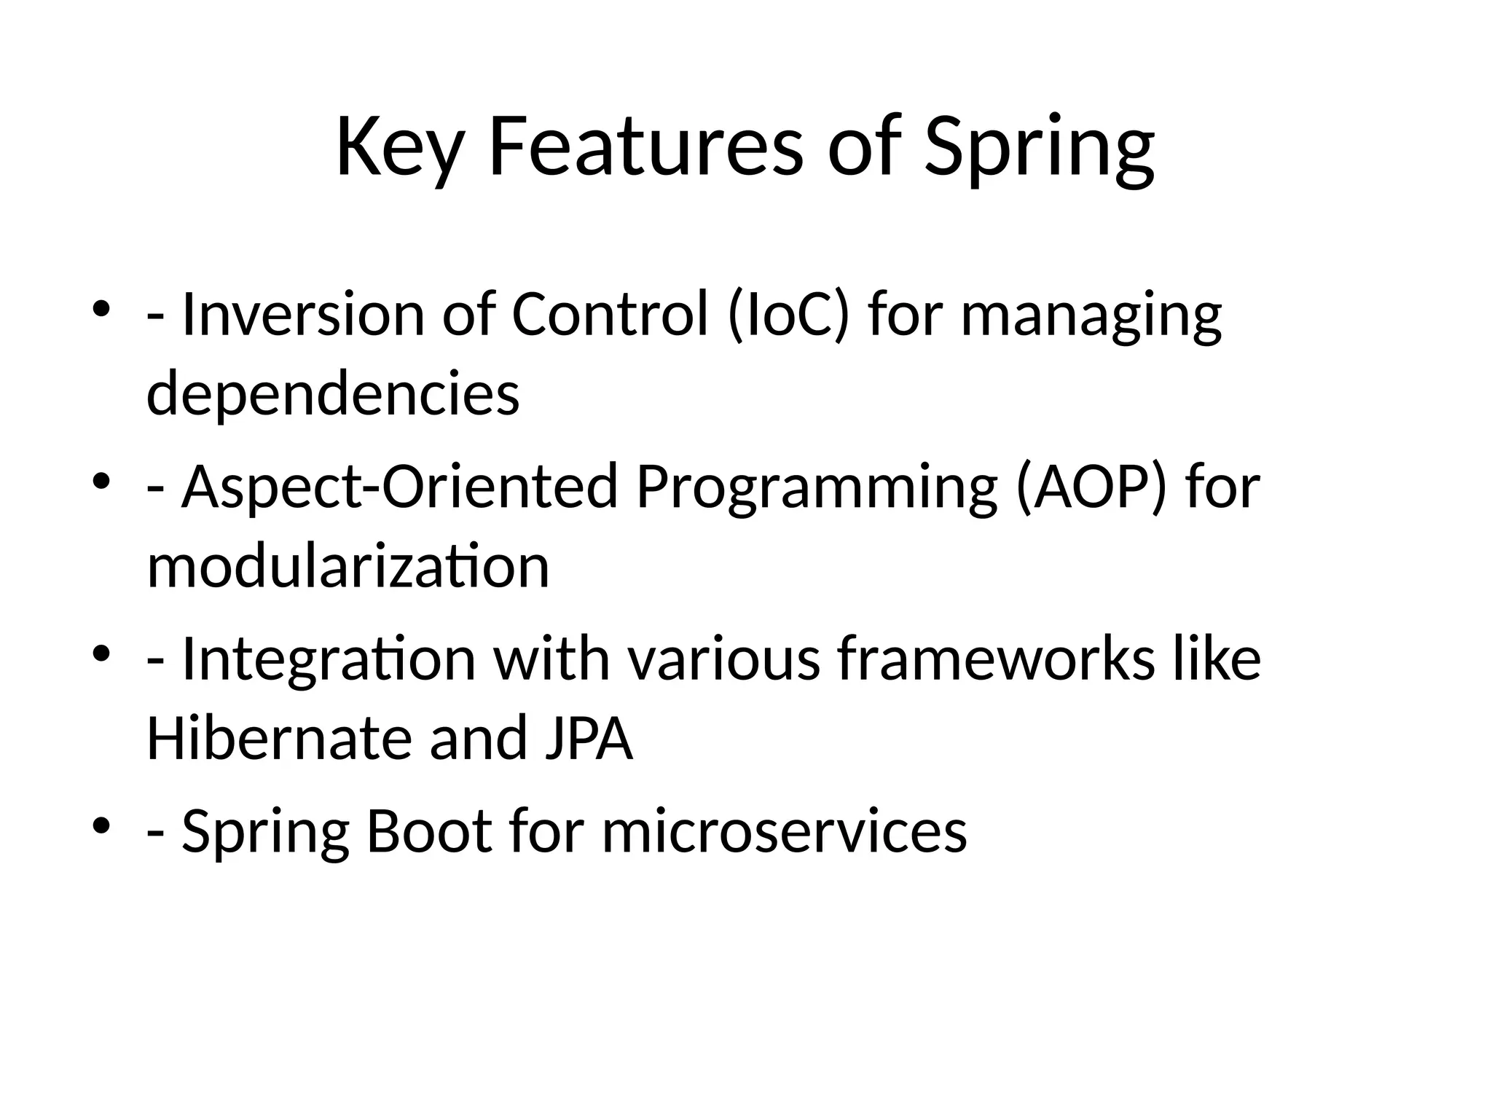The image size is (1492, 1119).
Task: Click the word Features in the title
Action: click(645, 148)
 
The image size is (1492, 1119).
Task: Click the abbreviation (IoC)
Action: click(789, 315)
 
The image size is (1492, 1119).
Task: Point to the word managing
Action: click(1091, 315)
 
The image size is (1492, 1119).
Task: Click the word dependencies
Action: click(333, 394)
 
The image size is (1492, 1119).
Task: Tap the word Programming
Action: click(817, 487)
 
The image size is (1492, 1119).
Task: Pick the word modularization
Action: click(348, 566)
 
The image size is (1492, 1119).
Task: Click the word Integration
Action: click(329, 659)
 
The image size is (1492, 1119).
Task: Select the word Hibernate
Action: click(278, 738)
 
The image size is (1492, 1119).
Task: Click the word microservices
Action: click(784, 831)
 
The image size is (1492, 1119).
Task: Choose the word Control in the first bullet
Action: click(610, 315)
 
